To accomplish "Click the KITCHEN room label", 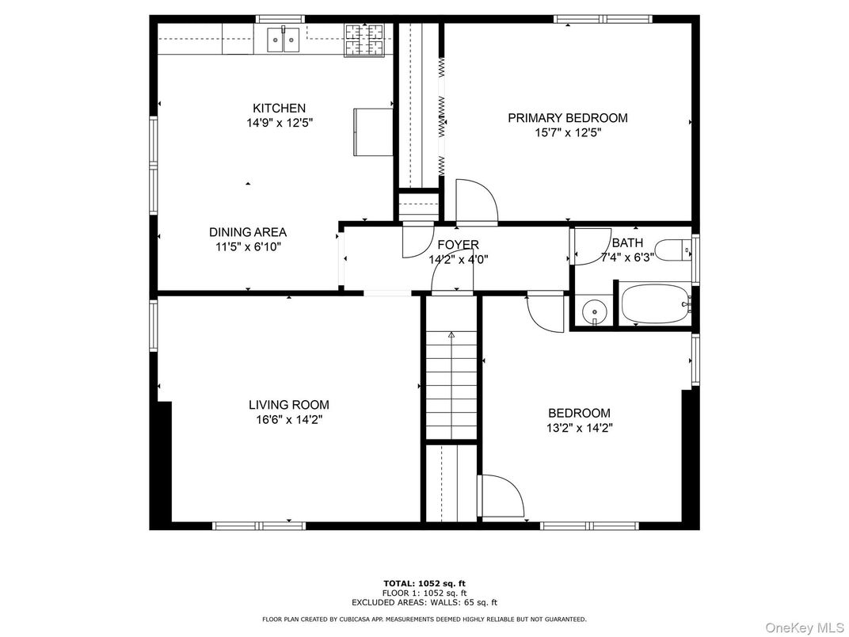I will (x=279, y=109).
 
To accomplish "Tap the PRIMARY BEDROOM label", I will (x=567, y=118).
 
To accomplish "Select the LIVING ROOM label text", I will (x=288, y=405).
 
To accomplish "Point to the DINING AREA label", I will (x=247, y=232).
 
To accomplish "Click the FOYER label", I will (x=458, y=245).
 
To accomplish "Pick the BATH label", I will (x=627, y=243).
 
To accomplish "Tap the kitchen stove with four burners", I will (x=363, y=40).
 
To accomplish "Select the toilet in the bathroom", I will (x=677, y=251).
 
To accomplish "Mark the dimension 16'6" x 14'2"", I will (x=288, y=420).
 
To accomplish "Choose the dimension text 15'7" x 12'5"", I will (x=567, y=133).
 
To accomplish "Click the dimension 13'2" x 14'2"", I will (x=580, y=428).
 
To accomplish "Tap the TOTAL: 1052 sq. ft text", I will (x=424, y=583).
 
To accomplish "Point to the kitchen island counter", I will (x=373, y=132).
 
